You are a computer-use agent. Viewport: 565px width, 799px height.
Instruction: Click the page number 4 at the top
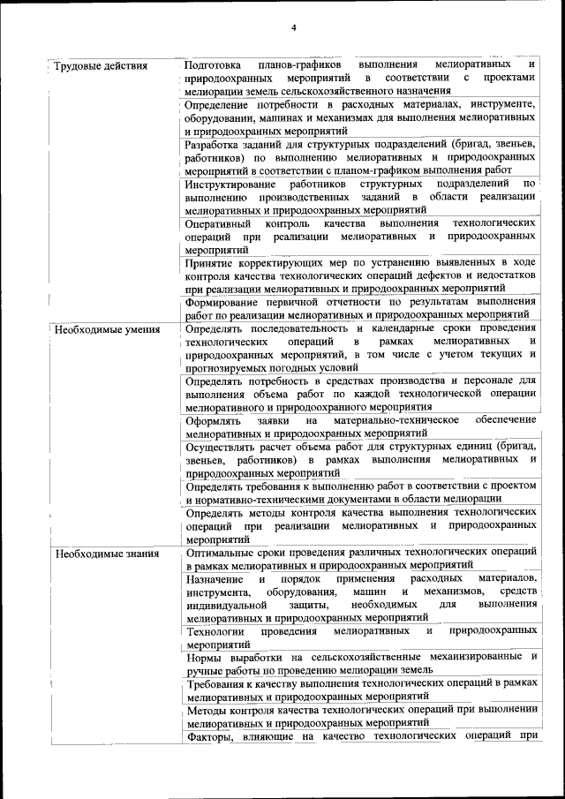[x=294, y=27]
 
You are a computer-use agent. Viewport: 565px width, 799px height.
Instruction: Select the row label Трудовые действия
[x=100, y=66]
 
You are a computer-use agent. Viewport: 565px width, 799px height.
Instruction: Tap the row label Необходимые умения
[x=107, y=329]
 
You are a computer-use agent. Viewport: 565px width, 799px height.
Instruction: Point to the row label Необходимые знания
[x=107, y=554]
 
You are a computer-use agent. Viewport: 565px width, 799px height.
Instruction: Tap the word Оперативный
[x=219, y=223]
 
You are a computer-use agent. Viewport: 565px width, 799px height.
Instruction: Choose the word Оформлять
[x=214, y=420]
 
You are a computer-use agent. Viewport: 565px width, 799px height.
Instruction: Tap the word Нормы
[x=204, y=657]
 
